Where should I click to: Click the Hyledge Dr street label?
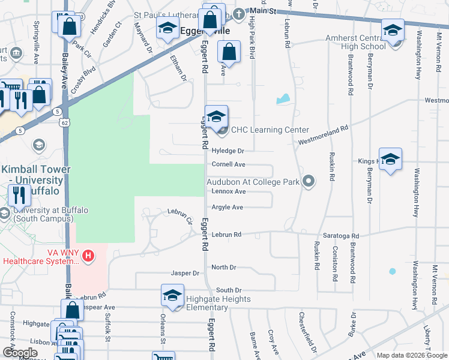(228, 151)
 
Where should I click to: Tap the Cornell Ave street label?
(228, 164)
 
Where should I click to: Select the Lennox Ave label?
(229, 191)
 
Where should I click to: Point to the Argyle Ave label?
(228, 207)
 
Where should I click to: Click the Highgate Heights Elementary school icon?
(172, 296)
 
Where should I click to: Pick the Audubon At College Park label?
(253, 181)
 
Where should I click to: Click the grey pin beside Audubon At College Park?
(309, 181)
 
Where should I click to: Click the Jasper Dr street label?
(185, 273)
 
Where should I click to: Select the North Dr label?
(224, 267)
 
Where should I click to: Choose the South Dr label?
(228, 290)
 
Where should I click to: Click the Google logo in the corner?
(20, 353)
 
